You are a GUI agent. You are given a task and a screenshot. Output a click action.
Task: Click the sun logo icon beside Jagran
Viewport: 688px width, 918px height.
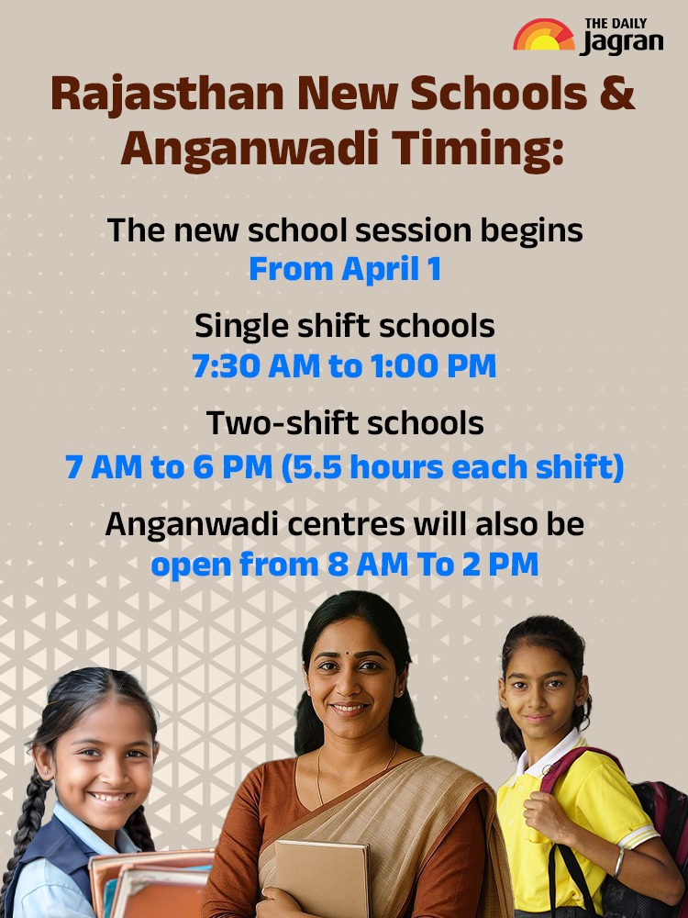(x=543, y=37)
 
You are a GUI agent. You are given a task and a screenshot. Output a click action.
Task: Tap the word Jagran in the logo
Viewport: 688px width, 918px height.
(x=620, y=42)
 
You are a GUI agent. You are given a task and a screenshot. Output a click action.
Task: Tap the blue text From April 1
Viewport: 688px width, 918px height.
(x=345, y=270)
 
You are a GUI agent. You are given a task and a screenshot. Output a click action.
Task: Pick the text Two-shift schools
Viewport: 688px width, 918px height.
(x=345, y=423)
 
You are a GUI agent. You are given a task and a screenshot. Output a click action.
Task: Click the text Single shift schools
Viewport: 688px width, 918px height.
(x=345, y=325)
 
